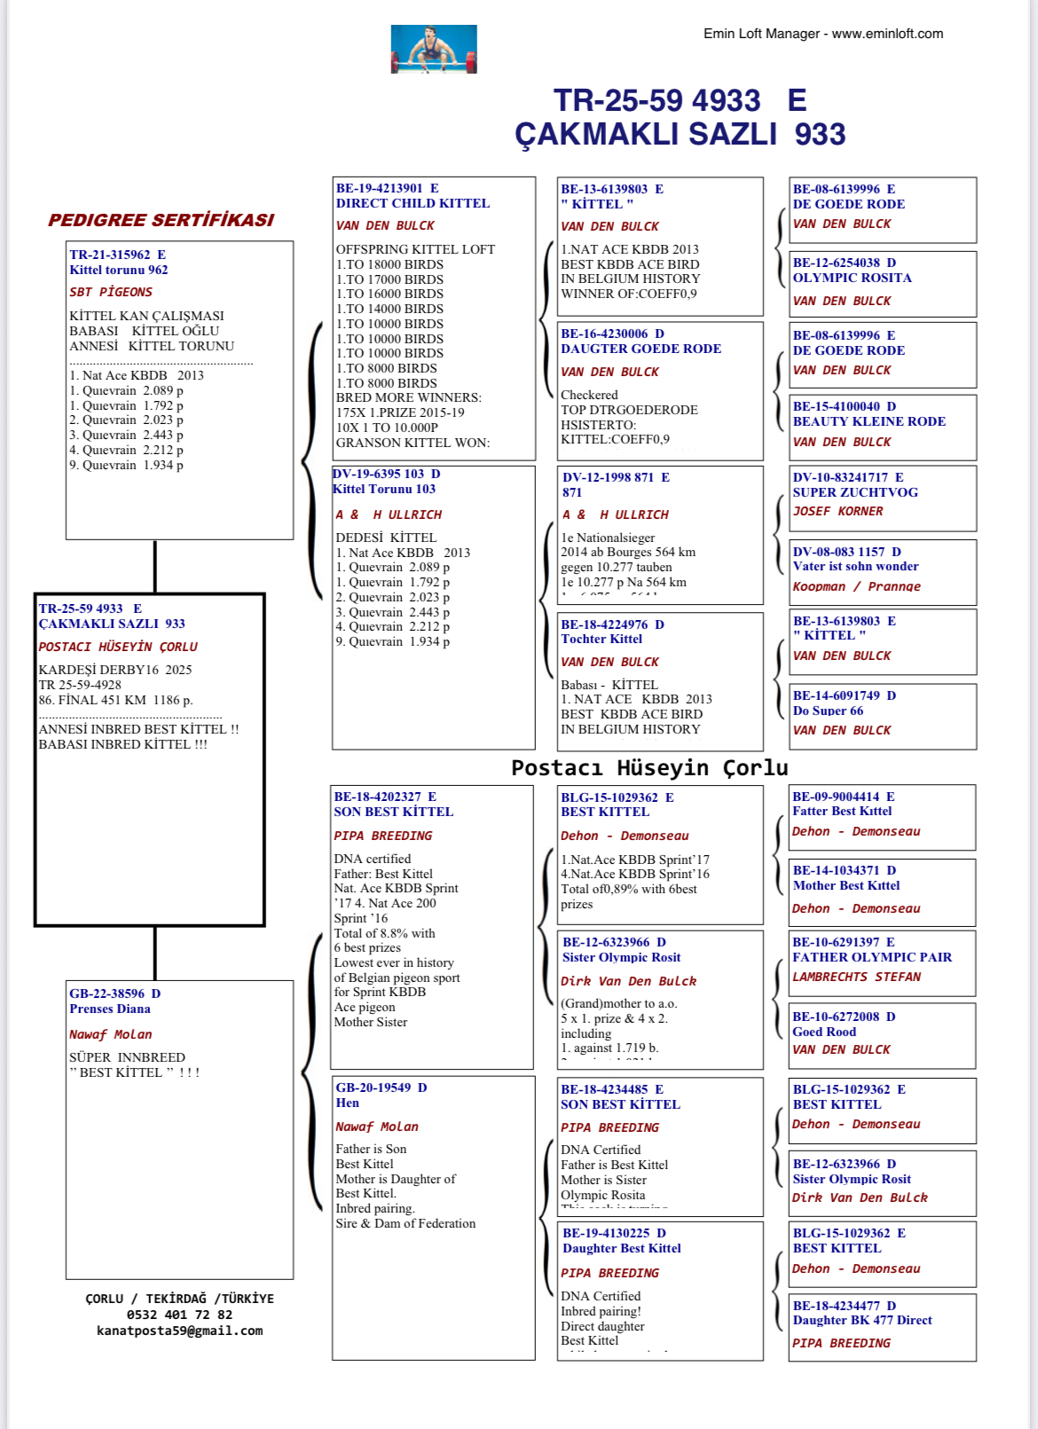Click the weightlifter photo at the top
(x=434, y=49)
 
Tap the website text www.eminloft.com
(x=887, y=34)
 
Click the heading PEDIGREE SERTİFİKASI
(x=161, y=220)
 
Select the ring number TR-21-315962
(x=110, y=255)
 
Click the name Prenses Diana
(x=110, y=1009)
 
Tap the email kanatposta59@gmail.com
(x=179, y=1331)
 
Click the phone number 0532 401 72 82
(x=179, y=1315)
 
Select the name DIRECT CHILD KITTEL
(x=413, y=203)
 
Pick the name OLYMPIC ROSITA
(x=852, y=278)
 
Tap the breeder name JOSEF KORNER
(x=837, y=511)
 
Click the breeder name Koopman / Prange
(x=856, y=586)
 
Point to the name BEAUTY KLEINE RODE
(x=869, y=421)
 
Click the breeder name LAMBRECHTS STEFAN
(x=856, y=977)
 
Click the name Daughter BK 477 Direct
(x=861, y=1320)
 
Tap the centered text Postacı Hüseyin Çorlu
(x=649, y=767)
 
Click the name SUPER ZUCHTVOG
(x=855, y=492)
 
